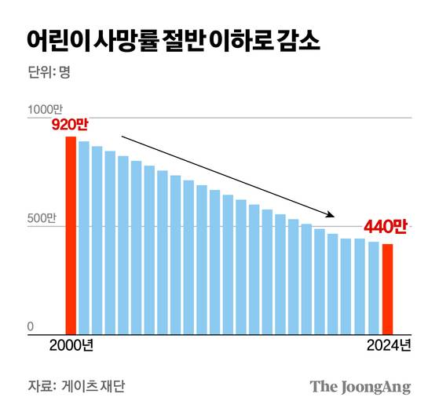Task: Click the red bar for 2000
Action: pyautogui.click(x=71, y=235)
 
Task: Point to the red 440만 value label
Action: pyautogui.click(x=386, y=228)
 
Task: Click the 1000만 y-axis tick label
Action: pyautogui.click(x=43, y=109)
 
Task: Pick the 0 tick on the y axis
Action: pyautogui.click(x=31, y=326)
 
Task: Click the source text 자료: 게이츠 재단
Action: pyautogui.click(x=76, y=387)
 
